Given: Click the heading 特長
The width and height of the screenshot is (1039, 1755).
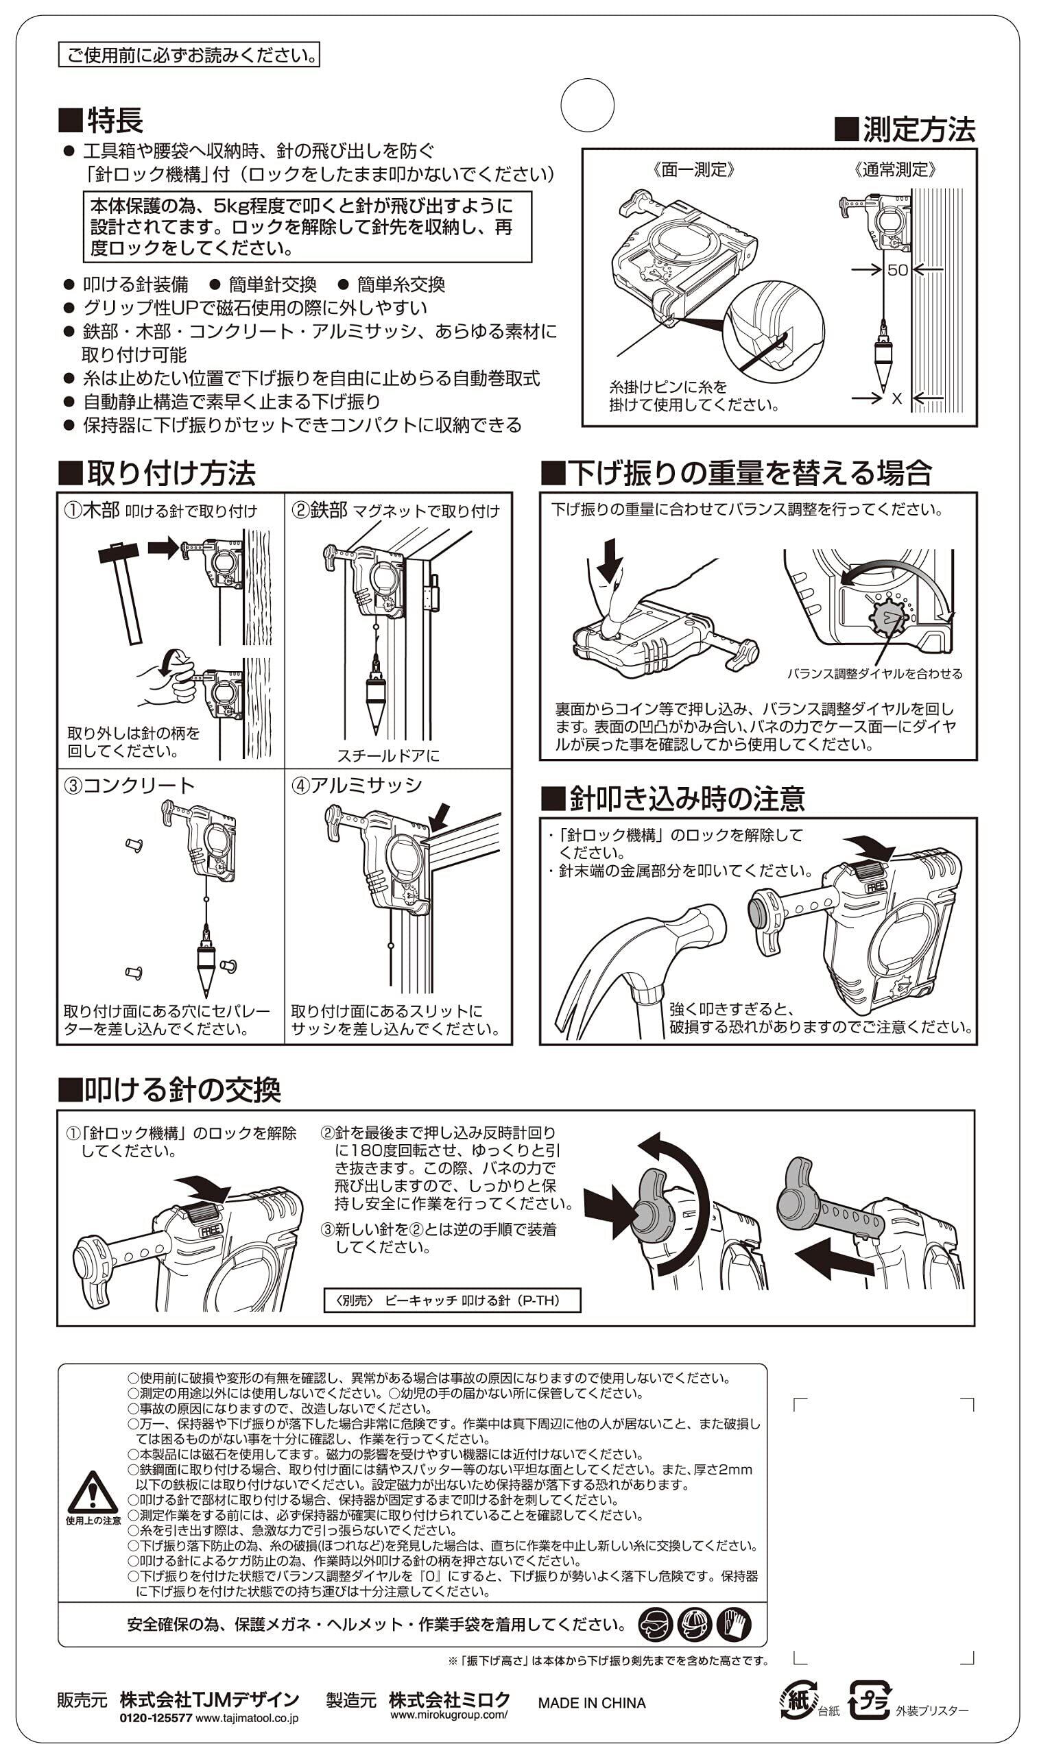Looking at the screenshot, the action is pyautogui.click(x=101, y=121).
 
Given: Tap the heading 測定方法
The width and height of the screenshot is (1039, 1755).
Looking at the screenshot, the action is pyautogui.click(x=905, y=130).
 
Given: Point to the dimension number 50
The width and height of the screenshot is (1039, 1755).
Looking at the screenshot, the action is pyautogui.click(x=897, y=269).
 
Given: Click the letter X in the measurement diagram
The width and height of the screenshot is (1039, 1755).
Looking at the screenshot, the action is pyautogui.click(x=897, y=398).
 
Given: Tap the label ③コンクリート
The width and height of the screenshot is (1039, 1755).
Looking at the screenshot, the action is pyautogui.click(x=129, y=785).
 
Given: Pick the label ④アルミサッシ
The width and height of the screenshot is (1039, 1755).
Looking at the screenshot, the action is pyautogui.click(x=357, y=785).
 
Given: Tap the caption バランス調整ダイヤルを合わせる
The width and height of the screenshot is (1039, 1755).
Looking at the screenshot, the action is pyautogui.click(x=874, y=674).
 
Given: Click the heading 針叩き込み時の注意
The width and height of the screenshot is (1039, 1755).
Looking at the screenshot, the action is pyautogui.click(x=673, y=799).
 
